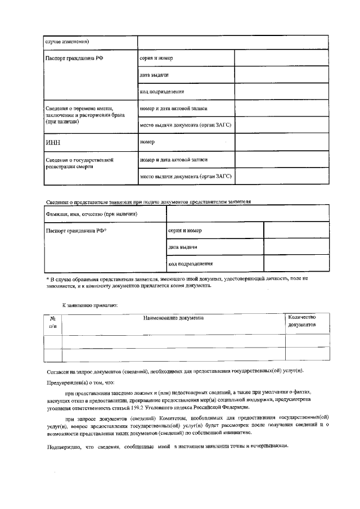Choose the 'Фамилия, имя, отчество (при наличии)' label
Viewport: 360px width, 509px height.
[84, 214]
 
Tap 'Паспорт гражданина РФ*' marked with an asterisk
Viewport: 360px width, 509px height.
[76, 231]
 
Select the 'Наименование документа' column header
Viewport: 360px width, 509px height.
[173, 318]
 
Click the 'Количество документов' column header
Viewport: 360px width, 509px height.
[301, 321]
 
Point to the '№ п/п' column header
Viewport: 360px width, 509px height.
[53, 322]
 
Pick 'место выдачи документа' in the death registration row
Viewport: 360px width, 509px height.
[185, 177]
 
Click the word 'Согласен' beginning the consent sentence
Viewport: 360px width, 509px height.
[58, 371]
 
